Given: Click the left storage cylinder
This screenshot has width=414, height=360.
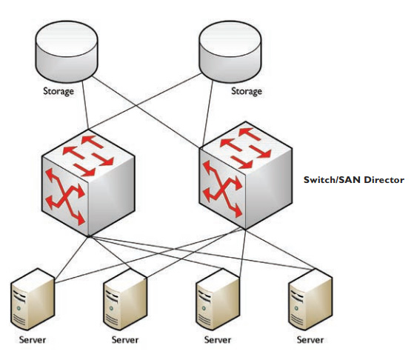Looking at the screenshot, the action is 67,52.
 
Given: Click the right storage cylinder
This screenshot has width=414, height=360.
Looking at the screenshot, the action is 230,52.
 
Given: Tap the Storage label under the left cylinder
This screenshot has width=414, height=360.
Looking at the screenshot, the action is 59,91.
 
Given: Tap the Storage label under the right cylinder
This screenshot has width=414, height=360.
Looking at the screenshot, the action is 247,91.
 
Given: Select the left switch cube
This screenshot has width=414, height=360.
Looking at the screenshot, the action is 88,183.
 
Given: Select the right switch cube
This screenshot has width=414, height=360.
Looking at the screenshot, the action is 246,176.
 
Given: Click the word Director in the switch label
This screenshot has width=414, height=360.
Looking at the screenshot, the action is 384,180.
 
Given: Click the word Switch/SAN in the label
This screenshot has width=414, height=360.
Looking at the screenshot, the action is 333,180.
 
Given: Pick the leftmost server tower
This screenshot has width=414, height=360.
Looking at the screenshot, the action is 33,299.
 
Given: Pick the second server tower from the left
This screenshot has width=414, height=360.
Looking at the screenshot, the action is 125,299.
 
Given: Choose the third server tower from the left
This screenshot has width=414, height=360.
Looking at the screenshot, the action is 218,299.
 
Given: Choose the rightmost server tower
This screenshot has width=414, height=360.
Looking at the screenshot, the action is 310,299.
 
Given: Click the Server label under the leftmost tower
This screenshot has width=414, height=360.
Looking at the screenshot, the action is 33,340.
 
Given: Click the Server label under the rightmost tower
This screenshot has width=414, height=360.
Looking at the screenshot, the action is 310,340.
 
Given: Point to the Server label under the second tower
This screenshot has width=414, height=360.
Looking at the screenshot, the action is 125,340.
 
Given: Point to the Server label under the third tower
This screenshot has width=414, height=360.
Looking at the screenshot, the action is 218,340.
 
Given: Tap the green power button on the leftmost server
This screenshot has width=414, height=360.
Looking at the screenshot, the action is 19,308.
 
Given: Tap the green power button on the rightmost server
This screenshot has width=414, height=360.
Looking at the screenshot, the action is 296,308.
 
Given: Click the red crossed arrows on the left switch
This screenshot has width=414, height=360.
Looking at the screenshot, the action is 65,196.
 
